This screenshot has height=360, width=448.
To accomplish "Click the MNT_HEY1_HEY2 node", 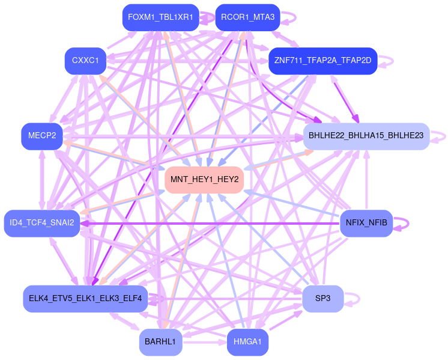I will (x=204, y=180).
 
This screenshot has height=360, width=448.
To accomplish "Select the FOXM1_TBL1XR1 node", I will (x=160, y=17).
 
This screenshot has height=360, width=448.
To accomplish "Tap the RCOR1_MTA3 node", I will (x=247, y=17).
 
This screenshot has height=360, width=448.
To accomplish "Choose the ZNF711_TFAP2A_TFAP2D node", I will (x=322, y=61).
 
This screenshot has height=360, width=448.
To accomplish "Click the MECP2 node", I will (x=41, y=136).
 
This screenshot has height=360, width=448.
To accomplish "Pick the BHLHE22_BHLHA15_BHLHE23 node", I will (x=366, y=136).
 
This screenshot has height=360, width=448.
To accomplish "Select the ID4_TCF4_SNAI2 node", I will (x=42, y=223).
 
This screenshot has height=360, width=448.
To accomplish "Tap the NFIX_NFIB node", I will (x=366, y=223).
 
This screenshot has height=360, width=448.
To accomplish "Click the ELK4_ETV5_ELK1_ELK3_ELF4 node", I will (x=85, y=299).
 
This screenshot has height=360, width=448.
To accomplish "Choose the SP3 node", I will (x=322, y=299).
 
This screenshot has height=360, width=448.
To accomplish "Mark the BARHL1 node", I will (x=160, y=342).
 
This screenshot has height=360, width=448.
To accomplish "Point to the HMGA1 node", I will (x=247, y=342).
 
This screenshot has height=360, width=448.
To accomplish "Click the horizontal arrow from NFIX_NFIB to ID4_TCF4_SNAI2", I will (x=210, y=223).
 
